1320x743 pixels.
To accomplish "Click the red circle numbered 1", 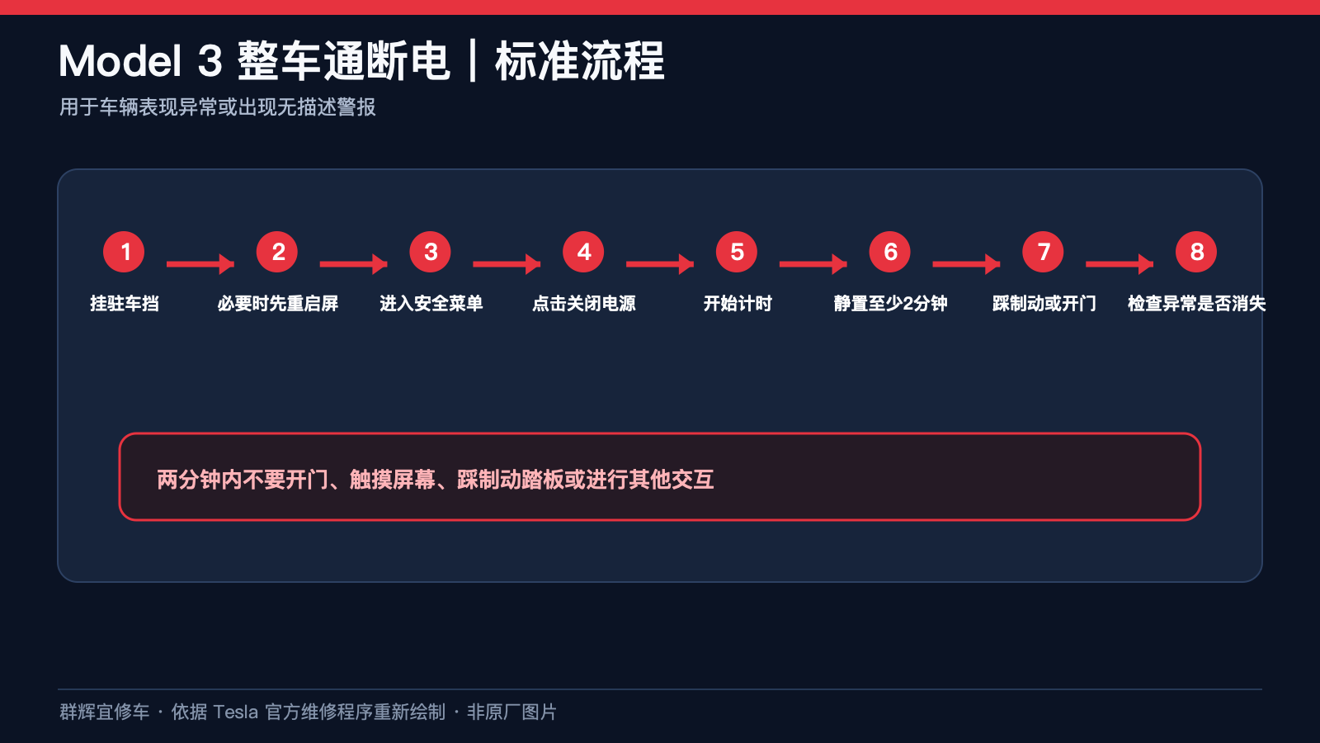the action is point(124,252).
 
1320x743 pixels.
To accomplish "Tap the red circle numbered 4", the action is point(583,252).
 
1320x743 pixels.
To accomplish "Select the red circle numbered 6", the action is point(890,252).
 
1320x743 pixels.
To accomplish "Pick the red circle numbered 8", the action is point(1196,252).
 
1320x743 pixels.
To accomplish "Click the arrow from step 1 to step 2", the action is point(200,264).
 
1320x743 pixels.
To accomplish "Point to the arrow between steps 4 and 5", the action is point(660,264).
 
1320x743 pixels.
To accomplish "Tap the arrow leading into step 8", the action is point(1120,264).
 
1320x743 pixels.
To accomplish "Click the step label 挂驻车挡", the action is point(125,303).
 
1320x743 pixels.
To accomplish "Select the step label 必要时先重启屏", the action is point(277,303).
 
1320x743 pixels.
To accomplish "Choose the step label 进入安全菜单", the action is point(431,303).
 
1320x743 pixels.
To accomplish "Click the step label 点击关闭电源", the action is point(584,303).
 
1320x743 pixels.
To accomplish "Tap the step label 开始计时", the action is point(738,303).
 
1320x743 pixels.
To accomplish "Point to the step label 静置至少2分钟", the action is point(890,303).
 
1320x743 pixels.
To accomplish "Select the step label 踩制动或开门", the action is point(1044,303).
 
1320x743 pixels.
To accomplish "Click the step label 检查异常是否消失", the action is point(1197,303).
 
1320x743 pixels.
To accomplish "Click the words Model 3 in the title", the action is point(140,61).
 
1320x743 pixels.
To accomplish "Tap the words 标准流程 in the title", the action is point(580,61).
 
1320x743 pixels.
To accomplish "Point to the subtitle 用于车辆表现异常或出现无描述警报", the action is point(218,107).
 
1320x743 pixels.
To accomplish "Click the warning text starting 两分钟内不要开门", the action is point(436,480).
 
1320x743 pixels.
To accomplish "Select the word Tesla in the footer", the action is point(235,712).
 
